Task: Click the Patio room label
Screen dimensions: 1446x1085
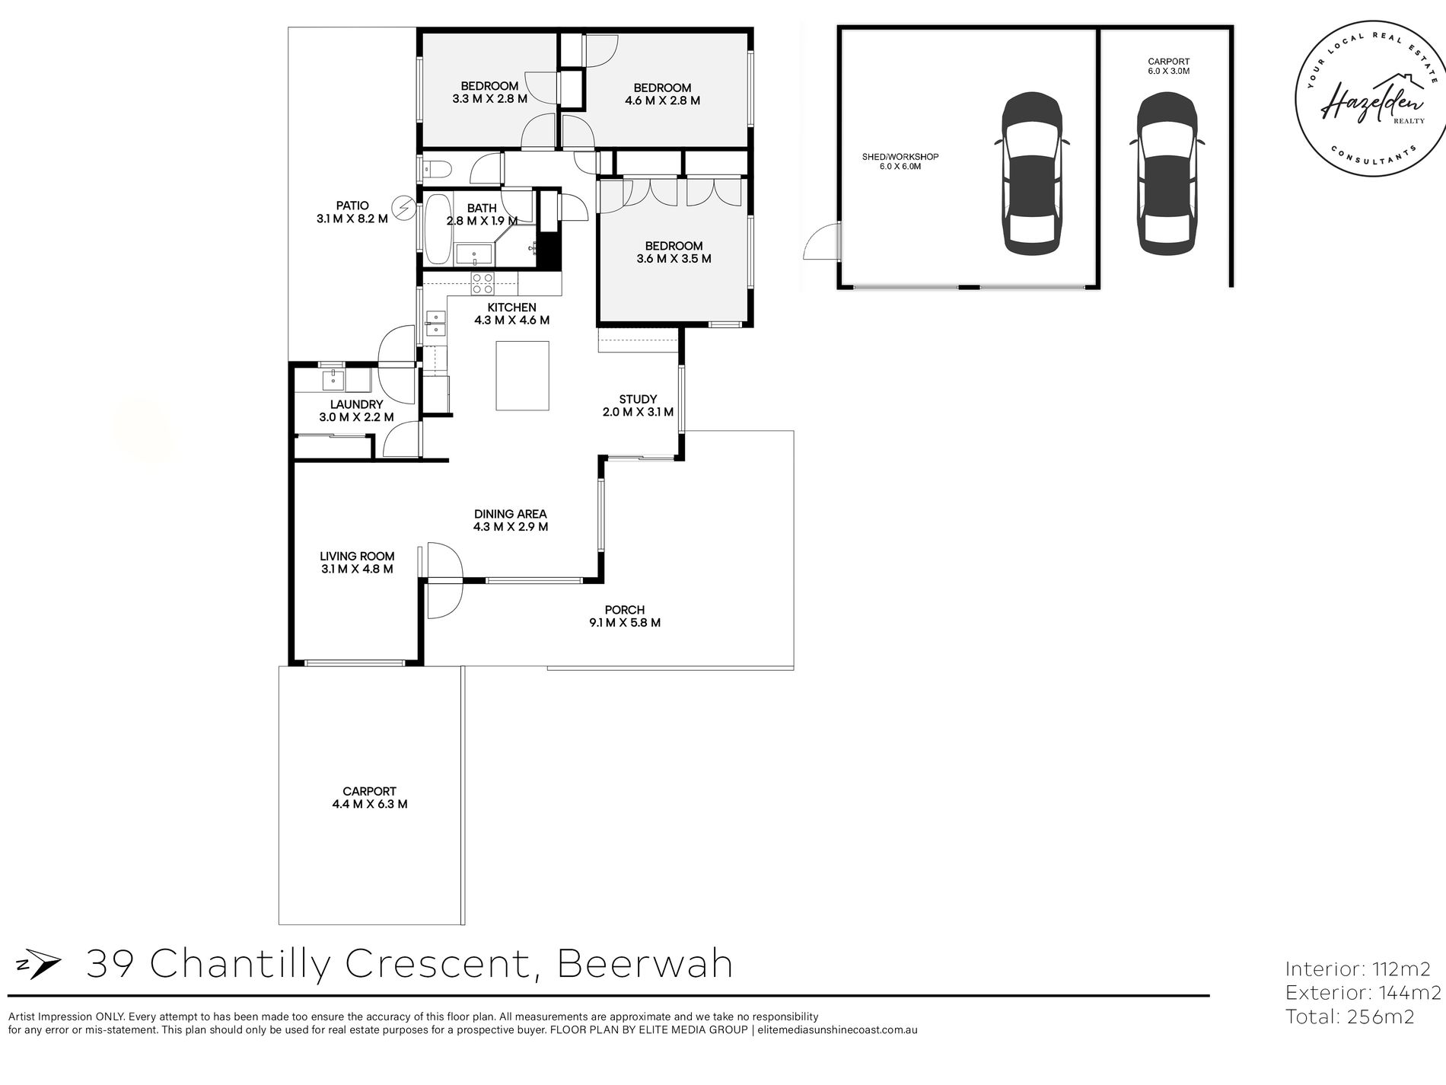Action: pyautogui.click(x=352, y=212)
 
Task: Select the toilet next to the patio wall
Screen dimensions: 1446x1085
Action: pyautogui.click(x=435, y=168)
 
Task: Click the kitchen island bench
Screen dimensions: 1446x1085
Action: pyautogui.click(x=522, y=376)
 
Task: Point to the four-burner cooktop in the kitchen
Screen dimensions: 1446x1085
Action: pyautogui.click(x=483, y=283)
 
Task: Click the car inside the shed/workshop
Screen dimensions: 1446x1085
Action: pyautogui.click(x=1031, y=174)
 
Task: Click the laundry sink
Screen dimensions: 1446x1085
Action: pyautogui.click(x=333, y=378)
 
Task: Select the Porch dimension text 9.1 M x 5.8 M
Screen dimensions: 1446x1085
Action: pyautogui.click(x=624, y=622)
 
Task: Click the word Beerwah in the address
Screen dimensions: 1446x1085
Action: pyautogui.click(x=645, y=964)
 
